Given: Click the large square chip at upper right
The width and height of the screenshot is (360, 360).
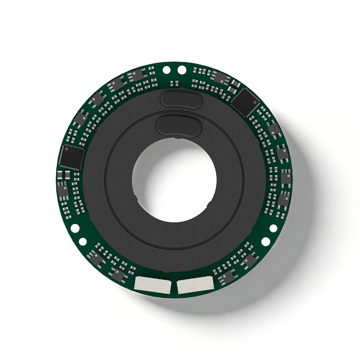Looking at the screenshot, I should (245, 102).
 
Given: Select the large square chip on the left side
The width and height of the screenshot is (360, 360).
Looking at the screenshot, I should (71, 157).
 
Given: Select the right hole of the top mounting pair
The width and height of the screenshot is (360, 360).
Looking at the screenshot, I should (181, 70).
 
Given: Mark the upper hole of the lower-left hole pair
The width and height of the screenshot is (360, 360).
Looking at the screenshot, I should (74, 228).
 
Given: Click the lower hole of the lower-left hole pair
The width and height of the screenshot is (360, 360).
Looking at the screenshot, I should (83, 241).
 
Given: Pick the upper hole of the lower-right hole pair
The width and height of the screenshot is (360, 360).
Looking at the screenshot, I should (273, 228).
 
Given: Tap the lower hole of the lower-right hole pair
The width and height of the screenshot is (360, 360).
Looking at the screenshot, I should (265, 241).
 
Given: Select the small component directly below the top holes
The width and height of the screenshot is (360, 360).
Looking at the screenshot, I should (174, 84).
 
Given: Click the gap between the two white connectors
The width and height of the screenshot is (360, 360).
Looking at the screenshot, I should (173, 286).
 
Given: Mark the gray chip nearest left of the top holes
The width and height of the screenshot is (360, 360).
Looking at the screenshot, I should (138, 75).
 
